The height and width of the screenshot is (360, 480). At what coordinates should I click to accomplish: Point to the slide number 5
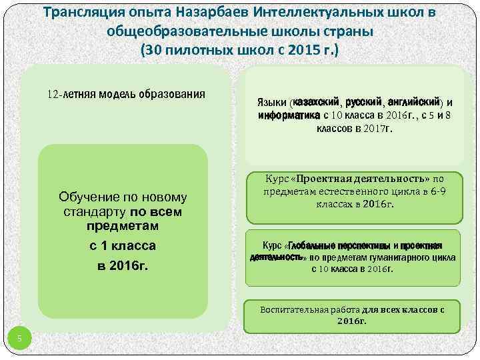point(20,339)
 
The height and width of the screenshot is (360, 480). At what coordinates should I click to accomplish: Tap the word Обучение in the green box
point(85,197)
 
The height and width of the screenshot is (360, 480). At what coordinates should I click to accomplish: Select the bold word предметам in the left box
point(122,227)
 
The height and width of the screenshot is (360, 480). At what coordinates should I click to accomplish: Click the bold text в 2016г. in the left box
point(122,267)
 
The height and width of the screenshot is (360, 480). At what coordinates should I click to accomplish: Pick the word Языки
point(271,103)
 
